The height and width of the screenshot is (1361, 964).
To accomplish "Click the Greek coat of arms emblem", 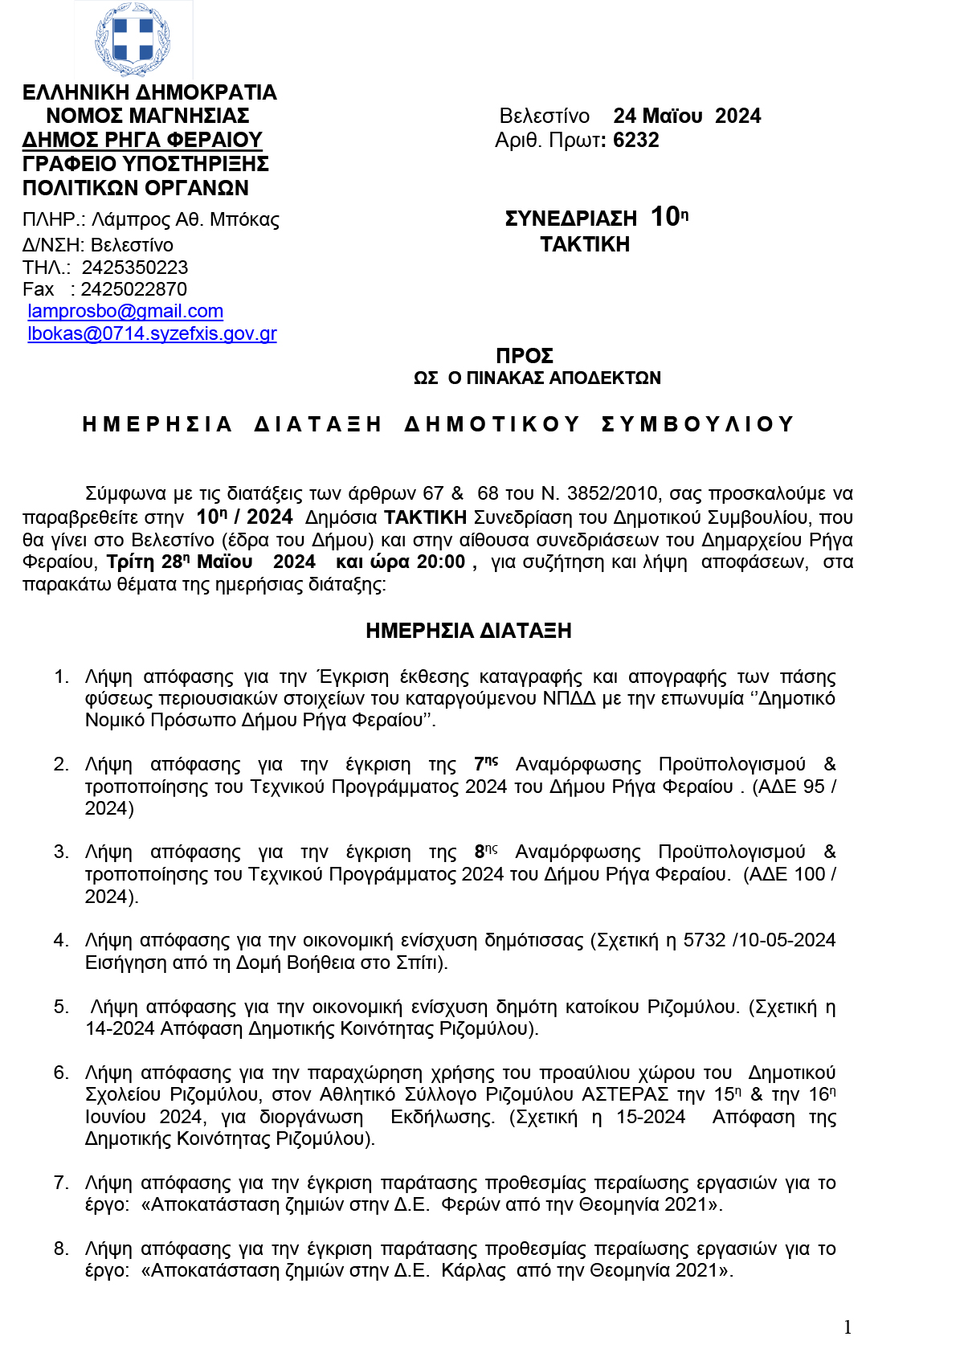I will coord(133,39).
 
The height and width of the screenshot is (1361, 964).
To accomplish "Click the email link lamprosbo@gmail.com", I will coord(125,311).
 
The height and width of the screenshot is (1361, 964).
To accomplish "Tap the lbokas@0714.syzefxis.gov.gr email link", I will coord(152,333).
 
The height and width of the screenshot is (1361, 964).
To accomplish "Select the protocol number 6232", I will coord(635,140).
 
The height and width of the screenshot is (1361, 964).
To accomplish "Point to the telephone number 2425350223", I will coord(135,267).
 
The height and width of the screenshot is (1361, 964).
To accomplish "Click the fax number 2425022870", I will coord(133,289).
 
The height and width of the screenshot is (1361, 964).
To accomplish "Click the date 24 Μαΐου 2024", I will coord(687,116).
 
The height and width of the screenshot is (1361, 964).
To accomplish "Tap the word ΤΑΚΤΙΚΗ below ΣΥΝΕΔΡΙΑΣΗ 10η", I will coord(585,244).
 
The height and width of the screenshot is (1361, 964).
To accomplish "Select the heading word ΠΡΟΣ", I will coord(525,355).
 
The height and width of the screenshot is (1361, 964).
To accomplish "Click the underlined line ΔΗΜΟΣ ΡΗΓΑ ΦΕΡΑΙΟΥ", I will coord(142,140).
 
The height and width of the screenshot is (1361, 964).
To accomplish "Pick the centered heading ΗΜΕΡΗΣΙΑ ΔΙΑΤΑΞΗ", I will coord(468,631).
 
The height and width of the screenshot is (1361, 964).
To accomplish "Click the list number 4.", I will coord(61,940).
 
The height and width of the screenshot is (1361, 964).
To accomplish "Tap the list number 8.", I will coord(61,1249).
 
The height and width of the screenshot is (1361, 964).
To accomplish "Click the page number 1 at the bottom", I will coord(848,1326).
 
